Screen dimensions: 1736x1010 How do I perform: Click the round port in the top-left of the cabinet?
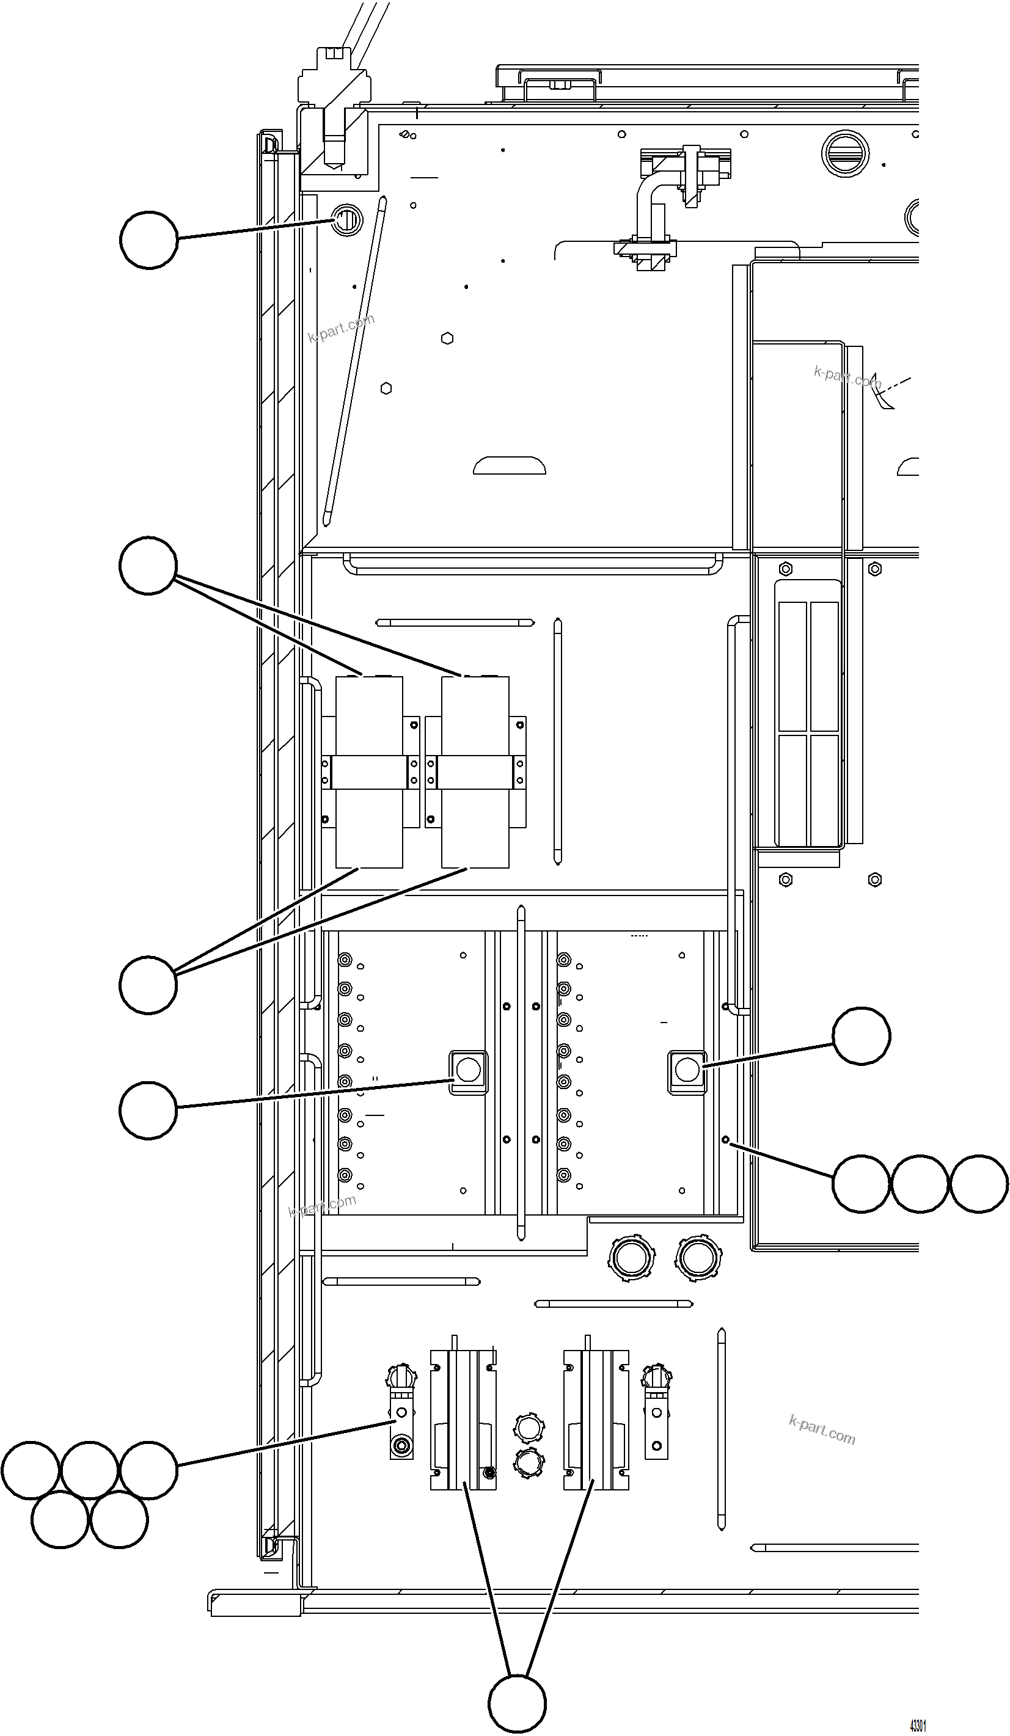346,221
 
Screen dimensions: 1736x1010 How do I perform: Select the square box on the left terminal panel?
468,1071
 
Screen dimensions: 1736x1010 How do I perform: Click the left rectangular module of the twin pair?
368,771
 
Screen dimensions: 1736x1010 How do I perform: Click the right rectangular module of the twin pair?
475,771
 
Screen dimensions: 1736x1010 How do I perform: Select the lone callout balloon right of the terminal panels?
860,1035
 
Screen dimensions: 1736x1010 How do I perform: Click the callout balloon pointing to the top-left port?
149,239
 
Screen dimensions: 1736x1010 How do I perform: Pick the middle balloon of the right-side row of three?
919,1183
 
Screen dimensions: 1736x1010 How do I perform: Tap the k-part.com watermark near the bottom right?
821,1429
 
